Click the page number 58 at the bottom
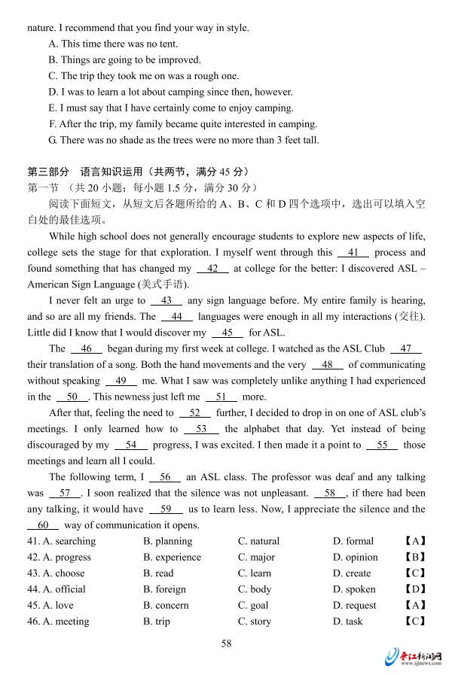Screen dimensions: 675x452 pos(226,643)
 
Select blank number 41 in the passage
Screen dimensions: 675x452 pos(353,253)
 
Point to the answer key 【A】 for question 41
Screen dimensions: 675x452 pos(415,541)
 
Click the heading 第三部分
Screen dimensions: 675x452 pos(47,172)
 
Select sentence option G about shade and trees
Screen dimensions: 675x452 pos(184,140)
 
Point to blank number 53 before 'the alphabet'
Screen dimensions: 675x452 pos(201,429)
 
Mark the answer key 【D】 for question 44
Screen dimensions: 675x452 pos(415,589)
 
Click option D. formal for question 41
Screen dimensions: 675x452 pos(353,541)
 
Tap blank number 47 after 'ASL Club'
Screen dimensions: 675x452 pos(406,348)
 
